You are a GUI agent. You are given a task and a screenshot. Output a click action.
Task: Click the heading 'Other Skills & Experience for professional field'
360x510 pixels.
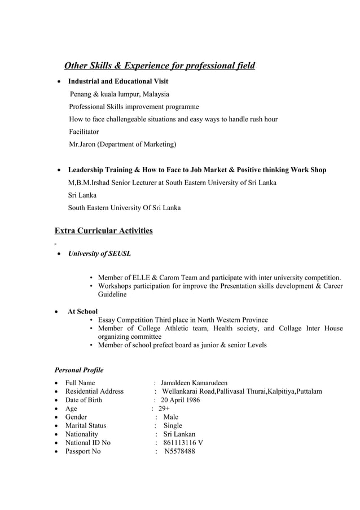160,66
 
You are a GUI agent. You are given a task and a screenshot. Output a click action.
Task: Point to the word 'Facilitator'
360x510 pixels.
84,132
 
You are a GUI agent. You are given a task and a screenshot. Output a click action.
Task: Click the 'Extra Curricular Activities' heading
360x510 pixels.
103,230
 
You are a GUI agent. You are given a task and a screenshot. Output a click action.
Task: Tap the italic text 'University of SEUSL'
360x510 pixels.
99,254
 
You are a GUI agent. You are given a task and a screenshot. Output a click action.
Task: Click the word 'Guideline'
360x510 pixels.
112,294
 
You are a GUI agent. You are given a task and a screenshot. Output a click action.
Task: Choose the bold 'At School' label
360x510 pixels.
82,311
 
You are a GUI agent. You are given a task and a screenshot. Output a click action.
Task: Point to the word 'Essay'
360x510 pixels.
108,320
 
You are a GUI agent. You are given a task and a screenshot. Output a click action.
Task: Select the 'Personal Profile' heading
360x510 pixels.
78,370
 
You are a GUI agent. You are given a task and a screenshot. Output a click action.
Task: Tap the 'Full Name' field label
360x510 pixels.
80,383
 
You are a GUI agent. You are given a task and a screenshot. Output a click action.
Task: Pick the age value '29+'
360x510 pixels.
164,408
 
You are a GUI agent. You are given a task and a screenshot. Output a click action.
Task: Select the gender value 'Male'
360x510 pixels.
170,417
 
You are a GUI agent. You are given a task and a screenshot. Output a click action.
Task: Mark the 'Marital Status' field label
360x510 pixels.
86,425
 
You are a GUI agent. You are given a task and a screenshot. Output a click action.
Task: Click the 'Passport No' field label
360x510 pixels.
83,451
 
